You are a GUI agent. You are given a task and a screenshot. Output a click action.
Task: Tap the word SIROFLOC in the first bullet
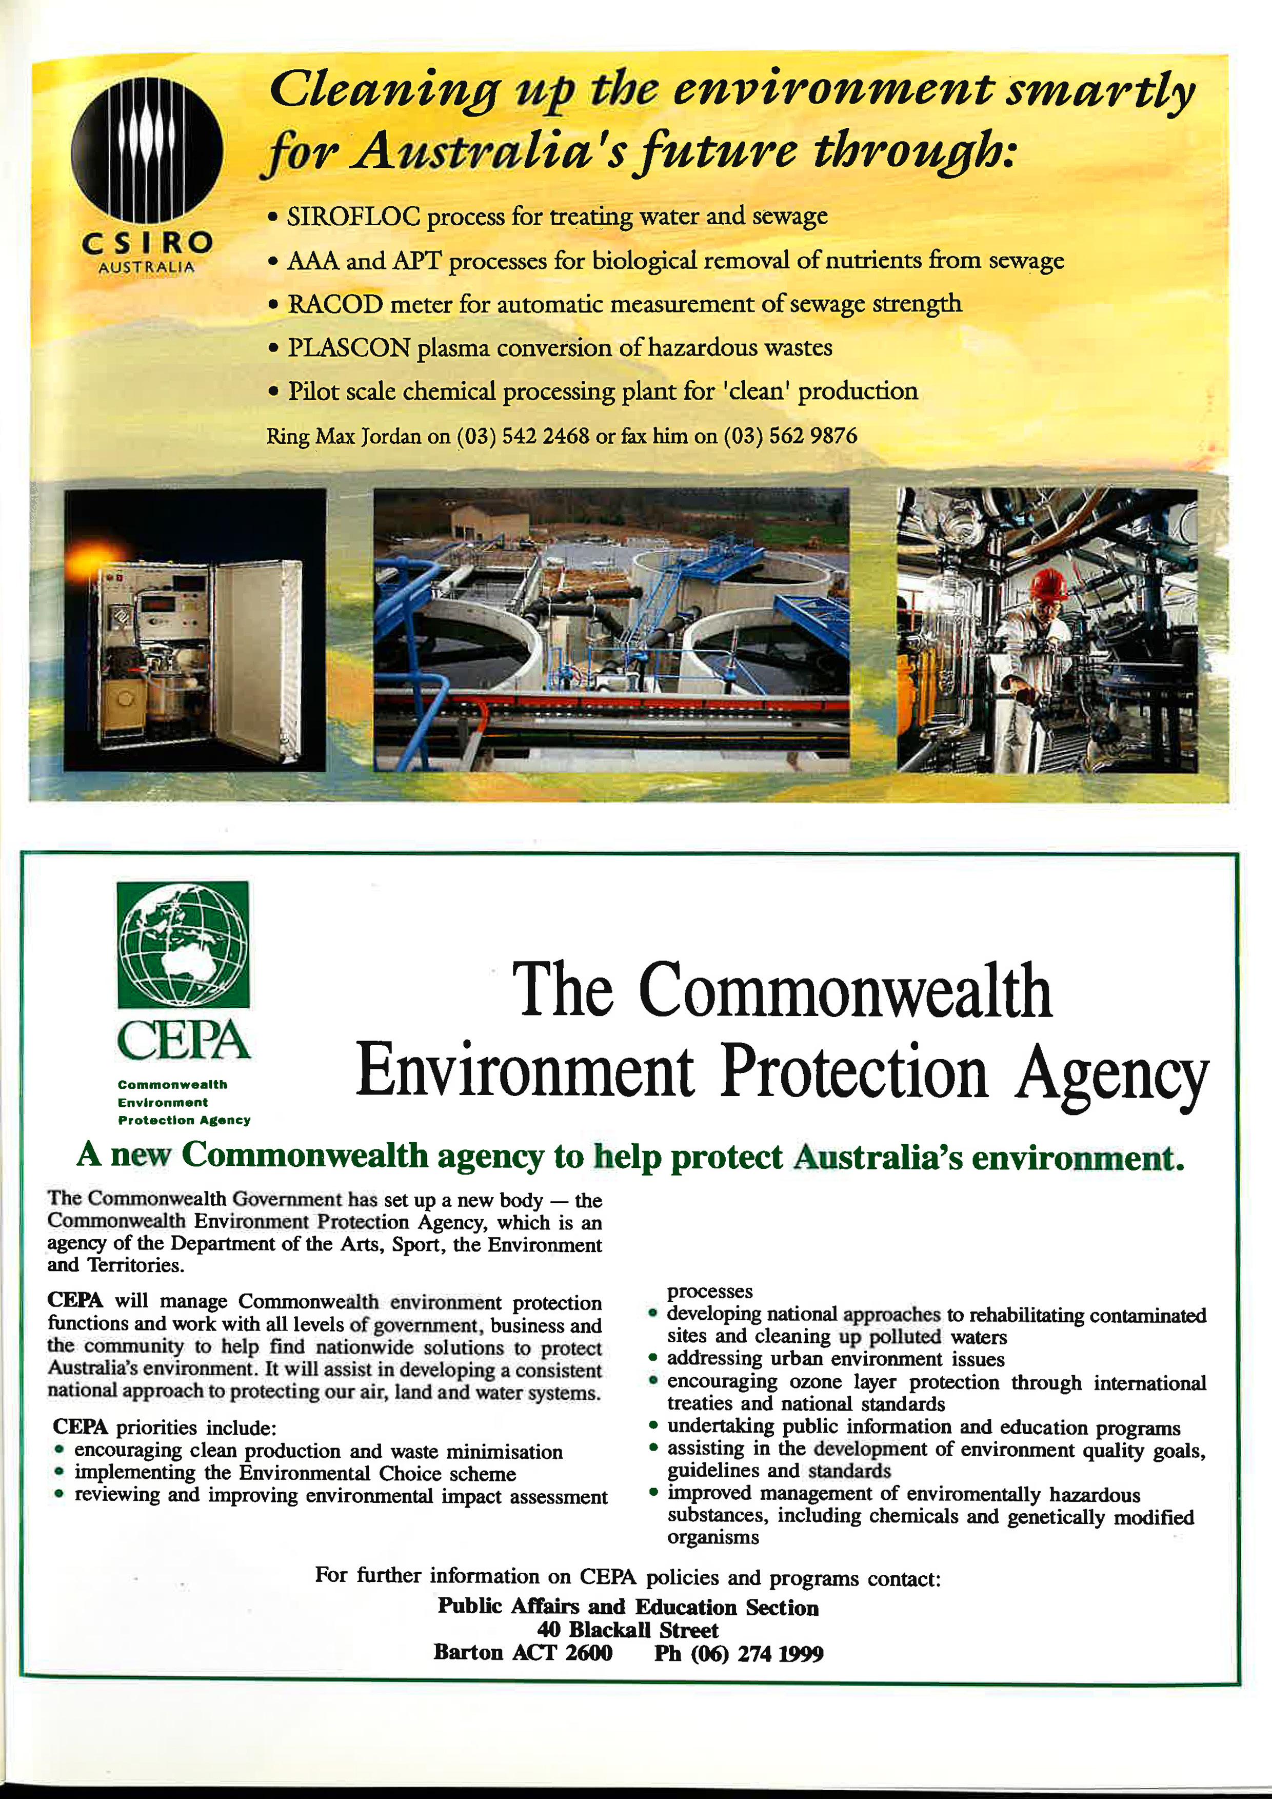[x=353, y=216]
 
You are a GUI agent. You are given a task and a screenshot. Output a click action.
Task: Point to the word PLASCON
[x=349, y=348]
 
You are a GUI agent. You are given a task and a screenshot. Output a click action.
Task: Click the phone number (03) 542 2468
[x=523, y=436]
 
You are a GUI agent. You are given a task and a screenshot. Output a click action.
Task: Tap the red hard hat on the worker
[x=1049, y=584]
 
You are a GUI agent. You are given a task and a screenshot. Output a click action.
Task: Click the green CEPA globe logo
[x=183, y=944]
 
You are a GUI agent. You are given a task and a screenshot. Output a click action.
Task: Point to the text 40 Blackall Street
[x=627, y=1631]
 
